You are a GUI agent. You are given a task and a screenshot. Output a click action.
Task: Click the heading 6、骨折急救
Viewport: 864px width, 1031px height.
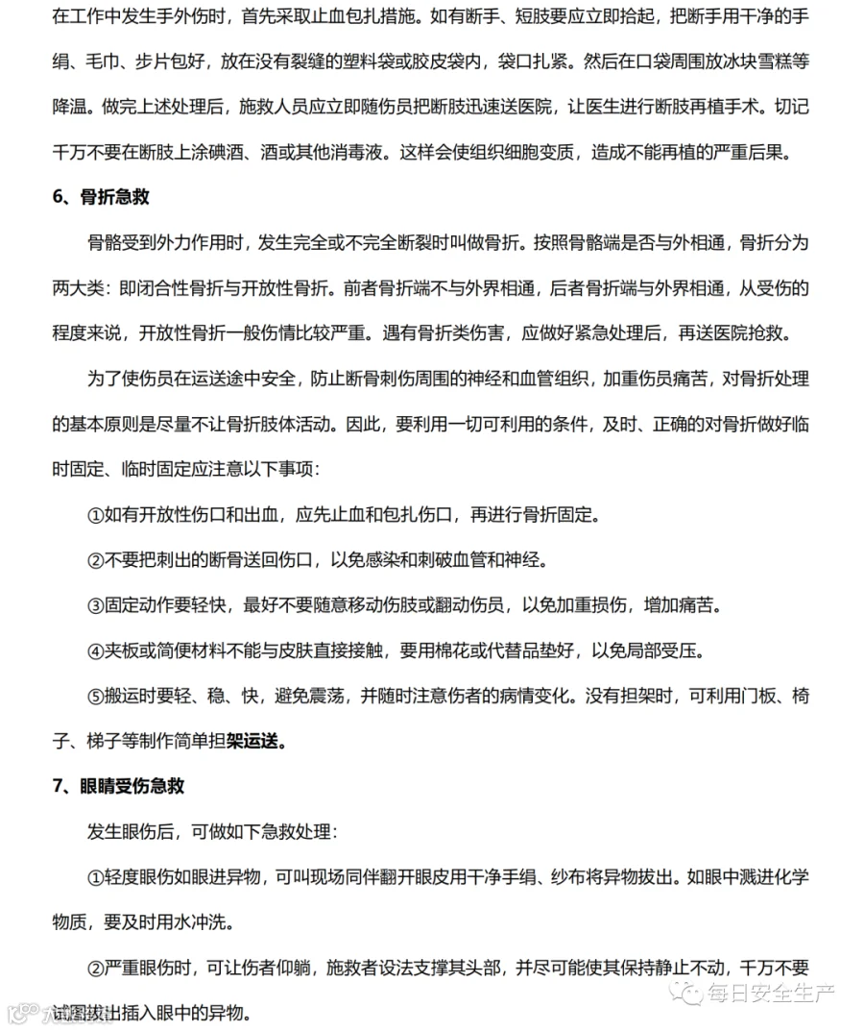101,198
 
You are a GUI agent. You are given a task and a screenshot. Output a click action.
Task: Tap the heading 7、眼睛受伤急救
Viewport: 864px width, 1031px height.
118,786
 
